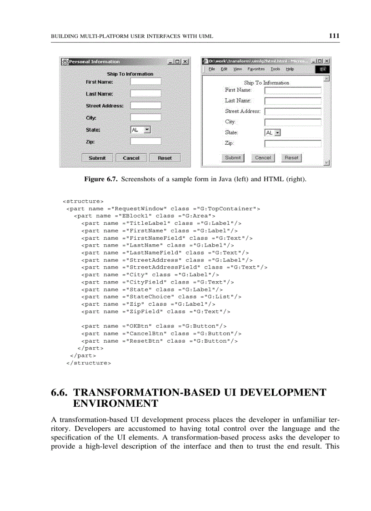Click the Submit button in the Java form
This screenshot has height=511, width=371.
click(97, 158)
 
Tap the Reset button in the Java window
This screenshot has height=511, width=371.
click(165, 158)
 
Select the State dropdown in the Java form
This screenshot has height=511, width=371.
click(140, 130)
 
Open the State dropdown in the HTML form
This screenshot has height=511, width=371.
click(273, 133)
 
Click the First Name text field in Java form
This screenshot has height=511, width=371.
click(145, 82)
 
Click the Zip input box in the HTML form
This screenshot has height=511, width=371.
click(292, 144)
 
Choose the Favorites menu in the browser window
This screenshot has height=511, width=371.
click(256, 69)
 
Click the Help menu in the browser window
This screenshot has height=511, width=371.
click(290, 69)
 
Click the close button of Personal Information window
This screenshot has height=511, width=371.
click(185, 62)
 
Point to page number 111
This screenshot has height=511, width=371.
click(335, 36)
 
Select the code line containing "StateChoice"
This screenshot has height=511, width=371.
click(161, 297)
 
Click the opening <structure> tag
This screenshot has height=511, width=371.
click(83, 201)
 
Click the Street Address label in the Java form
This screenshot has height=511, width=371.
click(105, 106)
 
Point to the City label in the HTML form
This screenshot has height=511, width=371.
click(230, 121)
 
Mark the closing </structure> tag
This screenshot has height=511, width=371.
click(89, 363)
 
